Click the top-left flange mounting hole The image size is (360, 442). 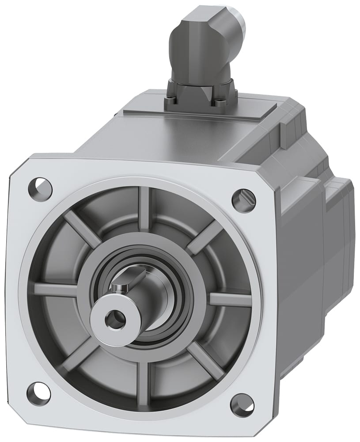(x=40, y=189)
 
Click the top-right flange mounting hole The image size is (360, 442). (x=243, y=200)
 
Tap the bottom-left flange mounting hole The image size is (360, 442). (x=38, y=393)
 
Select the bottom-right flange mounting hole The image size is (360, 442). (x=242, y=404)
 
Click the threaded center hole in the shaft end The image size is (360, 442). (x=116, y=320)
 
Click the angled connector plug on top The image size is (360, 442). (x=208, y=44)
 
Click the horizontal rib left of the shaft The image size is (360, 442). (x=55, y=290)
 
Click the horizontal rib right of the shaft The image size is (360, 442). (x=230, y=299)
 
